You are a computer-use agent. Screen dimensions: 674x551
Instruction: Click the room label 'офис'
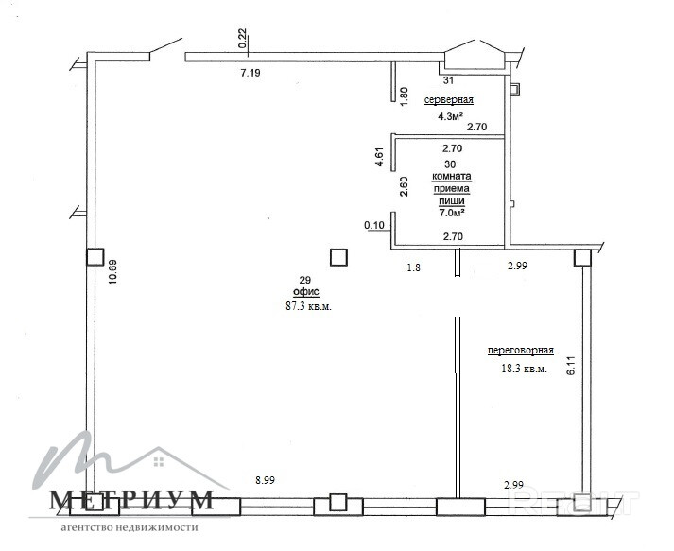point(306,292)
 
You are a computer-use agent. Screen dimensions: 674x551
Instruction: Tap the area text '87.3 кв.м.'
point(308,306)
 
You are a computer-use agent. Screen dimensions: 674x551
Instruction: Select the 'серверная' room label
point(449,100)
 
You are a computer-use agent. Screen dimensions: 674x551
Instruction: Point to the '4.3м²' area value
point(451,116)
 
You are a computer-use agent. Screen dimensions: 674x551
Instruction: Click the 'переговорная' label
point(521,351)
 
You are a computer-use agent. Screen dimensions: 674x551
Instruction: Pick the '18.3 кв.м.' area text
point(525,369)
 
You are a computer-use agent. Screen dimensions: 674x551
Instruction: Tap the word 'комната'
point(451,176)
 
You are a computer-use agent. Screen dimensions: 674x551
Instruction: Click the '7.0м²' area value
point(451,213)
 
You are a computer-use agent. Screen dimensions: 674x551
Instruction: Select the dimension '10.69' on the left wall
point(112,272)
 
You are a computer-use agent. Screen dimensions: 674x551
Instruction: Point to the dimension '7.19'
point(251,73)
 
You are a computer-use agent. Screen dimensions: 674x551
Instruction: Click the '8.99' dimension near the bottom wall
point(265,480)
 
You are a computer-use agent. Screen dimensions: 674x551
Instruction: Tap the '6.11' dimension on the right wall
point(571,366)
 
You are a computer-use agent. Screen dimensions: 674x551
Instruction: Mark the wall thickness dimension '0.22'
point(242,38)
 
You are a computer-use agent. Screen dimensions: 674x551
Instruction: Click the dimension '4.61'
point(380,157)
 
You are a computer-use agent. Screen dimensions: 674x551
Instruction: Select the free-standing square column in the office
point(338,257)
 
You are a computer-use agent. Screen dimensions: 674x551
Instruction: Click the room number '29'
point(304,281)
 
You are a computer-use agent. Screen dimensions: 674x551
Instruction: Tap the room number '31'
point(448,80)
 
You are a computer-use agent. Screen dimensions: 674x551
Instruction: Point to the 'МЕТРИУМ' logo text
point(131,500)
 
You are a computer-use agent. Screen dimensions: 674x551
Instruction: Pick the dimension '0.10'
point(374,225)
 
